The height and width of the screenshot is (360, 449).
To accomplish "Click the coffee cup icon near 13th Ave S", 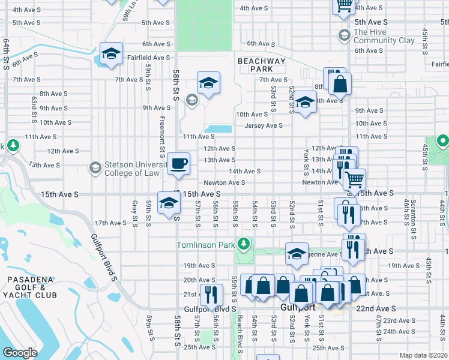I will coord(178,163).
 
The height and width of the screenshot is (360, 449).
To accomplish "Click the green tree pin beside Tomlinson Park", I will coord(243,244).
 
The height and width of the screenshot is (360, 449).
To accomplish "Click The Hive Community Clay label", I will coord(384,36).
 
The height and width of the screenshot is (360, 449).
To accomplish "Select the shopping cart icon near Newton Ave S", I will coord(354,178).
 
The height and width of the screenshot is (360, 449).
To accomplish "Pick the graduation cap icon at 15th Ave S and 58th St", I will coord(168,203).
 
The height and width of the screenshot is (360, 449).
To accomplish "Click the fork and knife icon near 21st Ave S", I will coord(210,295).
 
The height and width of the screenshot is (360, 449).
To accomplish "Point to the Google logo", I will coord(20,353).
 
